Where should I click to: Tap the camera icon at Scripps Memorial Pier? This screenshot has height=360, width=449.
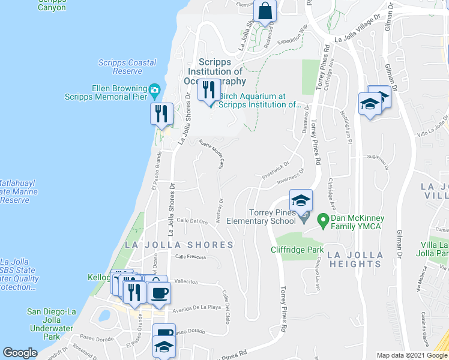point(155,91)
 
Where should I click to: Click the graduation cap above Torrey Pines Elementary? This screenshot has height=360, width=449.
point(301,200)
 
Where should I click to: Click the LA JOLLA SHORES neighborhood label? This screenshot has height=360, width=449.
point(179,245)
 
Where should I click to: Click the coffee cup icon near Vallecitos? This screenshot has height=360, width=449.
point(159,293)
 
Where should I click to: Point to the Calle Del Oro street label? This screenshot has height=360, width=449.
point(191,221)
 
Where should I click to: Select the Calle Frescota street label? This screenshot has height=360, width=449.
point(190,257)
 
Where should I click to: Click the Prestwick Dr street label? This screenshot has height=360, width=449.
point(276,171)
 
